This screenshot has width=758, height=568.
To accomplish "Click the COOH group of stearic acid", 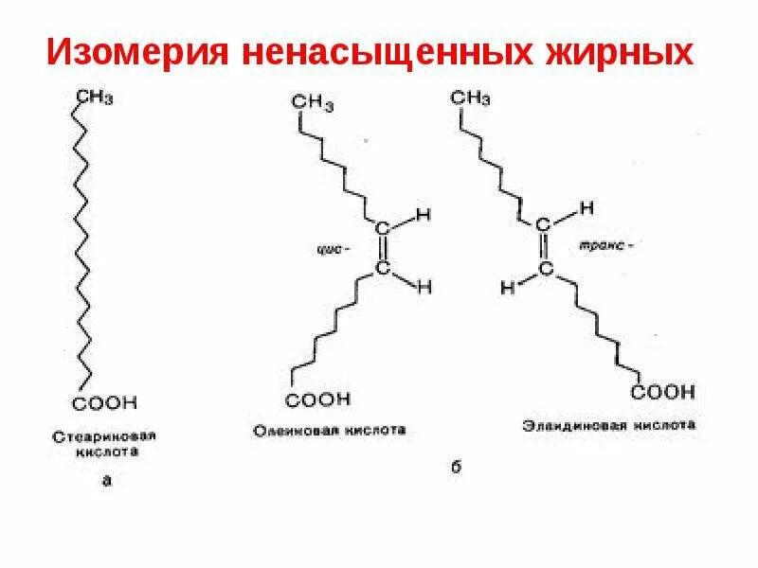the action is pyautogui.click(x=105, y=403).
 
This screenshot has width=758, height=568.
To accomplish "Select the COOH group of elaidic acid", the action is pyautogui.click(x=664, y=391).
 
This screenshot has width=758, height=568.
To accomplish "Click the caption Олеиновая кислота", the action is pyautogui.click(x=329, y=430).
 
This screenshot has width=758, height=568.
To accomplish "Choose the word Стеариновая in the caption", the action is pyautogui.click(x=104, y=437).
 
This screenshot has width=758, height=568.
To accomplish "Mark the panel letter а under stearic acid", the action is pyautogui.click(x=105, y=480).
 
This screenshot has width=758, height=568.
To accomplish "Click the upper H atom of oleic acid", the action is pyautogui.click(x=423, y=216).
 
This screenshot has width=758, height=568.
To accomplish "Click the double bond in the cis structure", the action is pyautogui.click(x=383, y=249).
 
